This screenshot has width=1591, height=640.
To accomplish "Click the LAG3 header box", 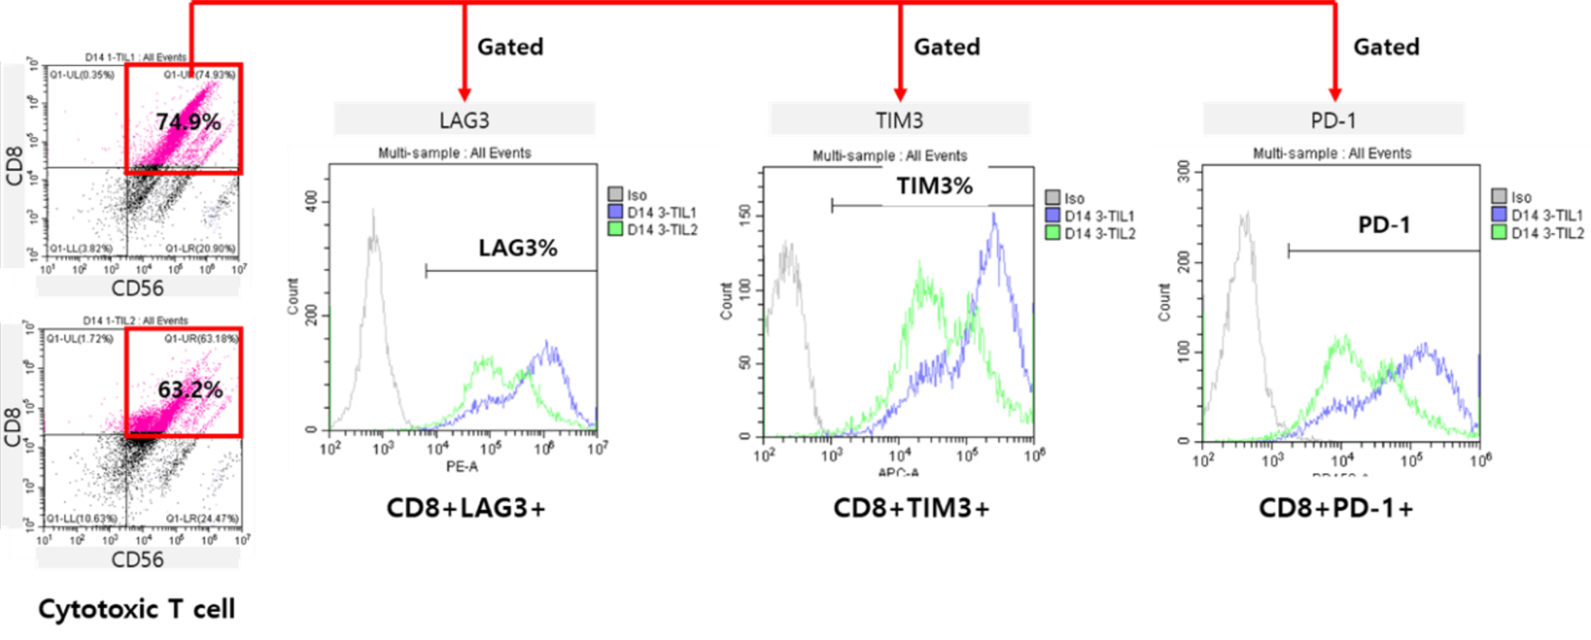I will (465, 119).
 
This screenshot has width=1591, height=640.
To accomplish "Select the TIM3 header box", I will (899, 119).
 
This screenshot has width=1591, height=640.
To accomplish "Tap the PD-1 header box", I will (1333, 119).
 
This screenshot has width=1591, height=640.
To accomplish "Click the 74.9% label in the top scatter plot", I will (188, 121).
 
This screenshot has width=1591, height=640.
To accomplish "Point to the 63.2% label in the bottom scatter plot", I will (190, 390).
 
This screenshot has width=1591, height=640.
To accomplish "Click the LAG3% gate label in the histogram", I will (518, 248).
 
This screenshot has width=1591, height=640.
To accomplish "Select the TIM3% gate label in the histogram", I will (935, 186).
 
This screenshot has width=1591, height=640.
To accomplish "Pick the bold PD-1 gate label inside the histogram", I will (1384, 225).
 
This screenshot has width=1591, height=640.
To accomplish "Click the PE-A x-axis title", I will (462, 466).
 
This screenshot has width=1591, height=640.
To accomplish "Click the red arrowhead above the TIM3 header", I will (899, 92).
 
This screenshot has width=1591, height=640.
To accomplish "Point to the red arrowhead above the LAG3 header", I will (465, 92).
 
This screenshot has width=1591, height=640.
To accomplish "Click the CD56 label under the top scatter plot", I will (137, 288).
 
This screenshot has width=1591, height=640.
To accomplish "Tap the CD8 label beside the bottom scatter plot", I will (14, 428).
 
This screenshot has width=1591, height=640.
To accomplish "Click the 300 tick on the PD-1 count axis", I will (1183, 172).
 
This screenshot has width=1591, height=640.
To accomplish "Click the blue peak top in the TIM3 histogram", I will (994, 217).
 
